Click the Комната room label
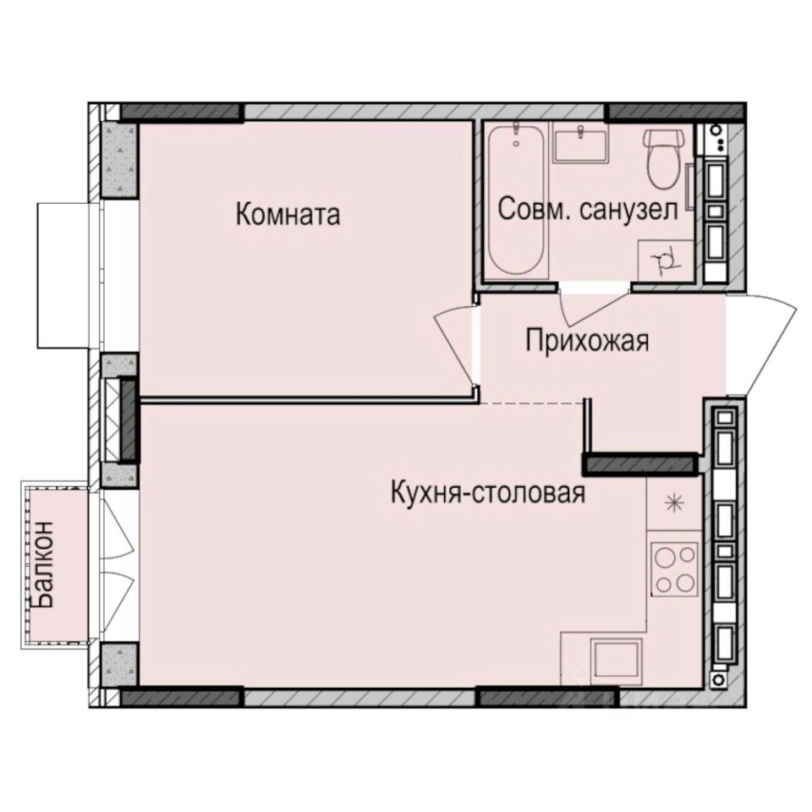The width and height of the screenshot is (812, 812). pyautogui.click(x=288, y=214)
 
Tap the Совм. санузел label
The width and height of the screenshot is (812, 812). pyautogui.click(x=588, y=210)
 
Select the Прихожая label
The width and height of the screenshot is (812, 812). pyautogui.click(x=587, y=342)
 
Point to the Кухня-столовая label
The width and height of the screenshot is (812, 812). pyautogui.click(x=488, y=492)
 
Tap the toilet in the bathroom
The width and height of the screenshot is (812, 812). pyautogui.click(x=664, y=158)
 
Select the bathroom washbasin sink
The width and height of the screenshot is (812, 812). pyautogui.click(x=579, y=144)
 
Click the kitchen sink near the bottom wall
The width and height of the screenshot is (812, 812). pyautogui.click(x=617, y=661)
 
